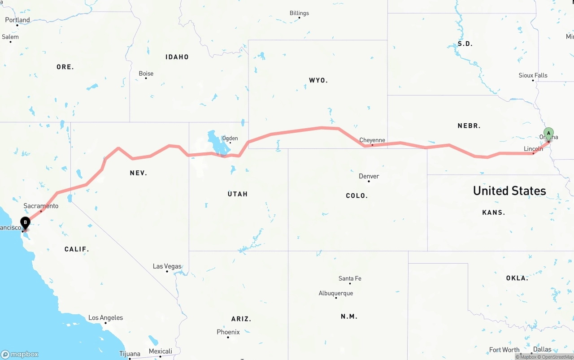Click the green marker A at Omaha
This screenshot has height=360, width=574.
(x=548, y=134)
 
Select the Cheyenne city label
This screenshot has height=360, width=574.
(x=372, y=140)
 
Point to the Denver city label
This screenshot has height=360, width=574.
(x=369, y=176)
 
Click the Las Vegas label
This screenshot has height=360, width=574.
(x=167, y=266)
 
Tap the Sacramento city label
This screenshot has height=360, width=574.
(x=41, y=206)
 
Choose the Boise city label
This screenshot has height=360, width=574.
(x=146, y=74)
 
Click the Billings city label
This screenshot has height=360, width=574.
(x=299, y=13)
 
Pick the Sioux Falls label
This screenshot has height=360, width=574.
(x=533, y=75)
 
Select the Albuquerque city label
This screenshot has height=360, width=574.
(x=336, y=293)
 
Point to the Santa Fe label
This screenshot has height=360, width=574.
(x=350, y=278)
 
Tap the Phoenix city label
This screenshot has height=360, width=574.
(x=228, y=332)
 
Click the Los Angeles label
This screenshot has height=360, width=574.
(x=105, y=318)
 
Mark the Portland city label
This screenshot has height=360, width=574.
(x=17, y=20)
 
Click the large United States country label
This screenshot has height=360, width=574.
(x=509, y=191)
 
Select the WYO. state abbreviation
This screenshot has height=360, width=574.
(x=318, y=81)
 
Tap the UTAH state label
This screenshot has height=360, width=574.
(x=238, y=194)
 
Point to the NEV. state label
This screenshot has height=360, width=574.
(x=139, y=173)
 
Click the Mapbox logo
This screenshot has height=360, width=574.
(x=20, y=354)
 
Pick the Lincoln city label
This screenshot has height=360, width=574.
(x=533, y=149)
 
